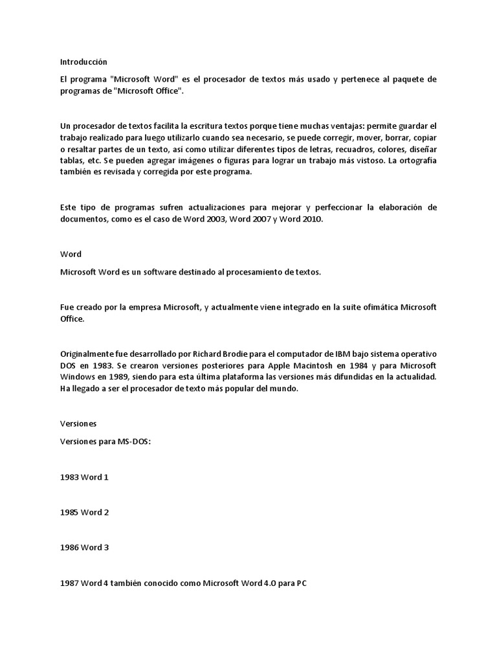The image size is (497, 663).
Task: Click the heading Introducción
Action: coord(83,62)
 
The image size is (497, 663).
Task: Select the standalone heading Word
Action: coord(71,254)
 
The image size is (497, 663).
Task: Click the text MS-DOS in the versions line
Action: coord(133,440)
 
